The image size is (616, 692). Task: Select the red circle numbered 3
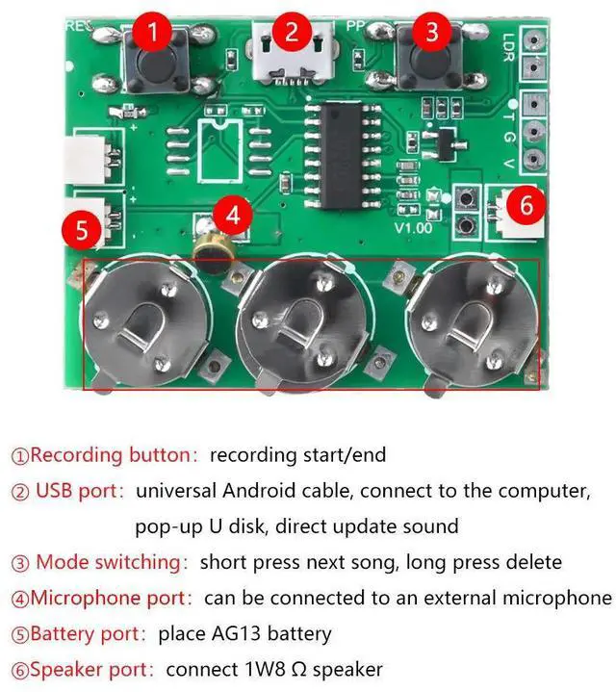(x=430, y=32)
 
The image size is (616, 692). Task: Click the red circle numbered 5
(x=81, y=231)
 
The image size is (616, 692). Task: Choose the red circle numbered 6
(x=525, y=204)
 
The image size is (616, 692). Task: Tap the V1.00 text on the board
(x=413, y=229)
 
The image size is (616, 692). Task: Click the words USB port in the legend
(x=80, y=491)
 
